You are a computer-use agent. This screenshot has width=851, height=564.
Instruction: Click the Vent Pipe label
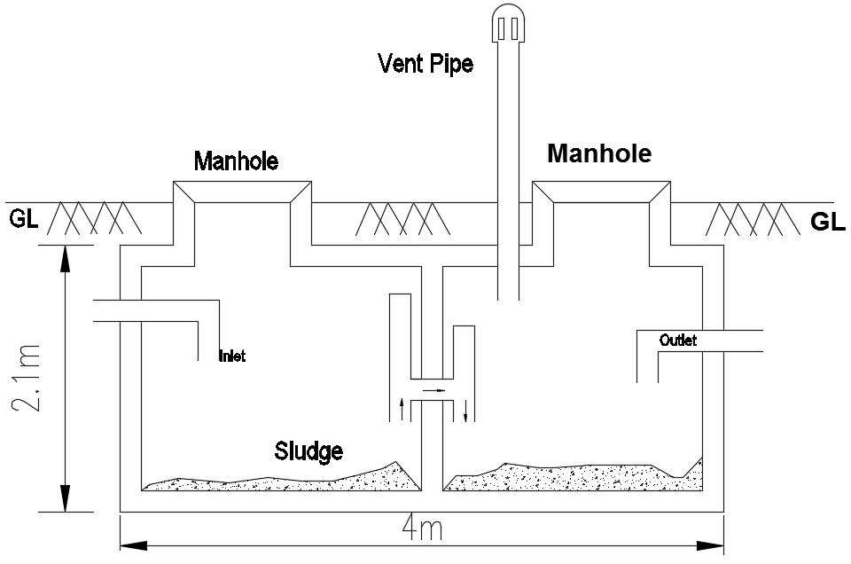click(x=425, y=64)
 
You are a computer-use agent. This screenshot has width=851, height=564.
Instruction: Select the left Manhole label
click(x=236, y=161)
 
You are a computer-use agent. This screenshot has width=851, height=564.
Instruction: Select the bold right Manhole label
click(x=599, y=153)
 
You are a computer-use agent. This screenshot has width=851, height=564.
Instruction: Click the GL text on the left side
click(x=24, y=218)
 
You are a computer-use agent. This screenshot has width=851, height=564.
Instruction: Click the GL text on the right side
click(x=828, y=222)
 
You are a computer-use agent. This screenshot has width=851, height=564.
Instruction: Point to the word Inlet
click(x=231, y=357)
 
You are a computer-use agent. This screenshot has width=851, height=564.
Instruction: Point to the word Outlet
click(x=678, y=341)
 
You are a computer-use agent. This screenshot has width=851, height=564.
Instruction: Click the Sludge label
click(x=308, y=450)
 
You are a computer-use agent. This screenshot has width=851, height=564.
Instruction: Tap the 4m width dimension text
click(x=423, y=530)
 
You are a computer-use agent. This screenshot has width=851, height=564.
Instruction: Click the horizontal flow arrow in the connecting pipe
click(x=433, y=389)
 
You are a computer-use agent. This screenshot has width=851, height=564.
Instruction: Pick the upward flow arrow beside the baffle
click(x=404, y=408)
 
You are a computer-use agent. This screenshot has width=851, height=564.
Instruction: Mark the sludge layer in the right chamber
click(x=567, y=477)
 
